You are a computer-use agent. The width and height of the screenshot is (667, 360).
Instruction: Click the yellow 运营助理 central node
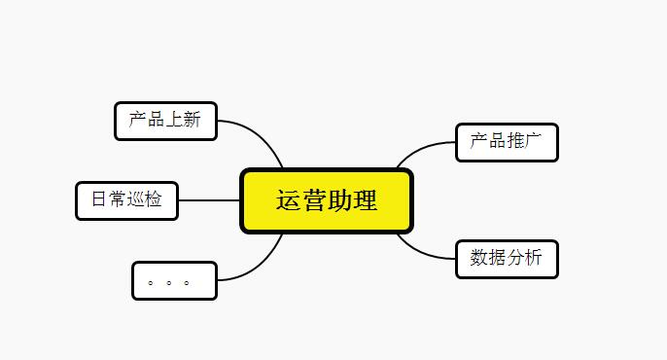point(327,201)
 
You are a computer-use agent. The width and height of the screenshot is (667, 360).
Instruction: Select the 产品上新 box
point(165,121)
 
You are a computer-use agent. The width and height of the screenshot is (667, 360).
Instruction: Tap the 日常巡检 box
point(126,200)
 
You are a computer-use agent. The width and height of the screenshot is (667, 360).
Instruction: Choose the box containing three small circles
point(174,281)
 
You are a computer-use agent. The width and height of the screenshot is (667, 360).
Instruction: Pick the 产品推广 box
point(507,142)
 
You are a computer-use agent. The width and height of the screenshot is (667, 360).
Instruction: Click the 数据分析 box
point(507,259)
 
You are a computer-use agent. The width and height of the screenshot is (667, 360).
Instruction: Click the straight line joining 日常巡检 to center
point(209,200)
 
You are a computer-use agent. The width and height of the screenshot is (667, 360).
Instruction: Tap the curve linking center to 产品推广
point(420,150)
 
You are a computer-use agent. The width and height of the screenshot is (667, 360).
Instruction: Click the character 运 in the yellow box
point(289,201)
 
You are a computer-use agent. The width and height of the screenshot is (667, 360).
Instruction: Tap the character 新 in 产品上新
point(192,120)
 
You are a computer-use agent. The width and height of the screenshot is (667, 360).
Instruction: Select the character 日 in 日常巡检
point(99,200)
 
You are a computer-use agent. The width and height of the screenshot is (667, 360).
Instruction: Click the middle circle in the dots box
point(168,282)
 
